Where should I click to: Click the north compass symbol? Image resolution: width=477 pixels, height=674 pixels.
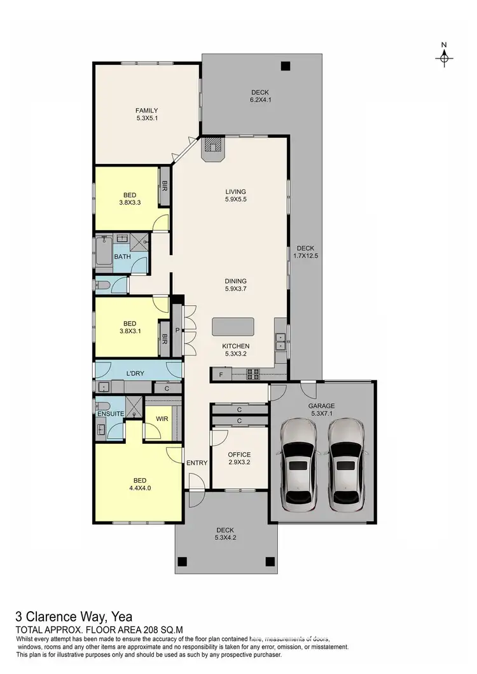coord(445,57)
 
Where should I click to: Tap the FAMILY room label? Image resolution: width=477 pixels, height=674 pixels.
coord(146,110)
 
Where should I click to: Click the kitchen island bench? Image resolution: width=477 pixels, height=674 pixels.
coord(233,326)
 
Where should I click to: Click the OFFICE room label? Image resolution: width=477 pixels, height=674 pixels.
coord(239,455)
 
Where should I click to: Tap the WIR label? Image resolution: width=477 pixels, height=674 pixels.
coord(162,418)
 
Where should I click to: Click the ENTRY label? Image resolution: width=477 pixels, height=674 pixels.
coord(197,463)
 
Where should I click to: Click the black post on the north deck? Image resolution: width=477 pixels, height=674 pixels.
coord(286,65)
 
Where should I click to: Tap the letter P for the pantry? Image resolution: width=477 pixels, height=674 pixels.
coord(177,330)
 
